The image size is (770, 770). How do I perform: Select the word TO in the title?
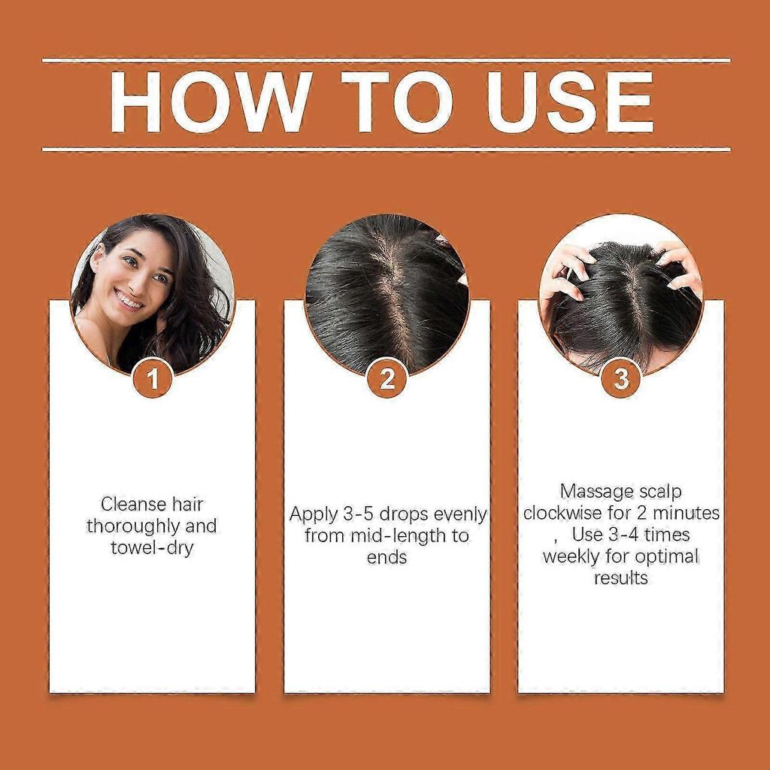[396, 103]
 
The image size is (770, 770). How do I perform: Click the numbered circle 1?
[153, 379]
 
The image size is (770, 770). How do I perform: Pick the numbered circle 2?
[387, 379]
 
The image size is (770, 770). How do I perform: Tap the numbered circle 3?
[621, 379]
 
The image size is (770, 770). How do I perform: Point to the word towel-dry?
[152, 547]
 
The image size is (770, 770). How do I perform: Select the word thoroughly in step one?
[129, 526]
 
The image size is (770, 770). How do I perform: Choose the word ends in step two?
[387, 557]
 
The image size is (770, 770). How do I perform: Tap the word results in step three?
[621, 578]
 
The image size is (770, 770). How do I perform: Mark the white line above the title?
[386, 60]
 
